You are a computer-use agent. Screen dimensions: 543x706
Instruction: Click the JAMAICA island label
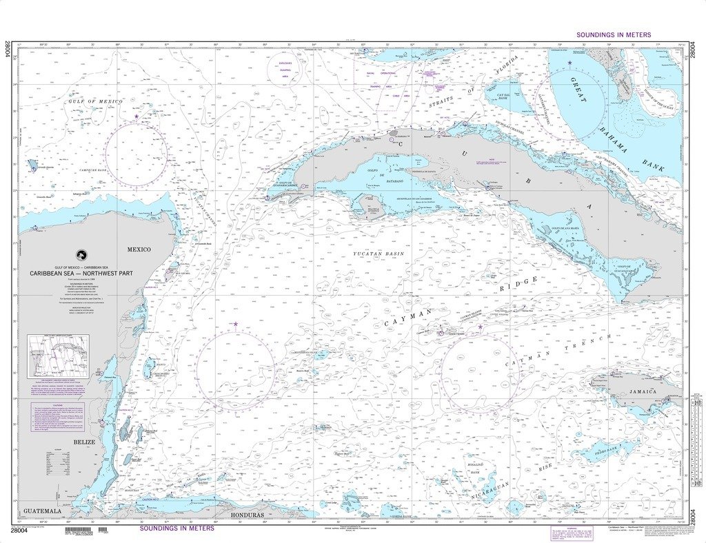pyautogui.click(x=643, y=391)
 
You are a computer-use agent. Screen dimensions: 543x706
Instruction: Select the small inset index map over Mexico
pyautogui.click(x=58, y=356)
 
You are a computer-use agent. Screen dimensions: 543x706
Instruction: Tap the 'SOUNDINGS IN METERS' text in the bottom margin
pyautogui.click(x=176, y=529)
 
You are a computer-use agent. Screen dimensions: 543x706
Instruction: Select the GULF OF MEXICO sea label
pyautogui.click(x=95, y=101)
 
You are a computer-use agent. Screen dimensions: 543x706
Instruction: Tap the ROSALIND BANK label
pyautogui.click(x=478, y=470)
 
